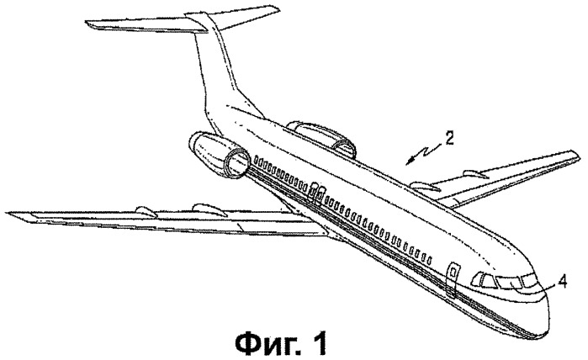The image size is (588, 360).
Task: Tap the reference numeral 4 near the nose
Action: click(x=562, y=280)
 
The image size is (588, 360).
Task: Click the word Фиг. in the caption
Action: click(x=268, y=342)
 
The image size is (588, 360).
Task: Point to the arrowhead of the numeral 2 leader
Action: click(x=410, y=161)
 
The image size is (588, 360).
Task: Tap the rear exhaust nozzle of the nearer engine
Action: click(x=195, y=141)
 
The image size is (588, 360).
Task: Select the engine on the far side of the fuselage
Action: click(x=321, y=137)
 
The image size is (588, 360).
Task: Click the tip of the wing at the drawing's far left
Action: click(x=8, y=214)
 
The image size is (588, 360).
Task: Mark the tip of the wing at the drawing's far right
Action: click(x=579, y=154)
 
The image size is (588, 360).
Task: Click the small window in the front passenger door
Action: click(x=453, y=271)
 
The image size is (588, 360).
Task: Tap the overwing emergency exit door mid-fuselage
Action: click(x=316, y=194)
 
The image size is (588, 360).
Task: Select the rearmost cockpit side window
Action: click(x=476, y=280)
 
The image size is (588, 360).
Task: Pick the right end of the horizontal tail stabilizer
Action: click(x=278, y=8)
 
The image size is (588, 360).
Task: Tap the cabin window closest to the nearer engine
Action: click(x=256, y=159)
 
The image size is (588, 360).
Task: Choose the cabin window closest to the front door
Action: click(x=429, y=259)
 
